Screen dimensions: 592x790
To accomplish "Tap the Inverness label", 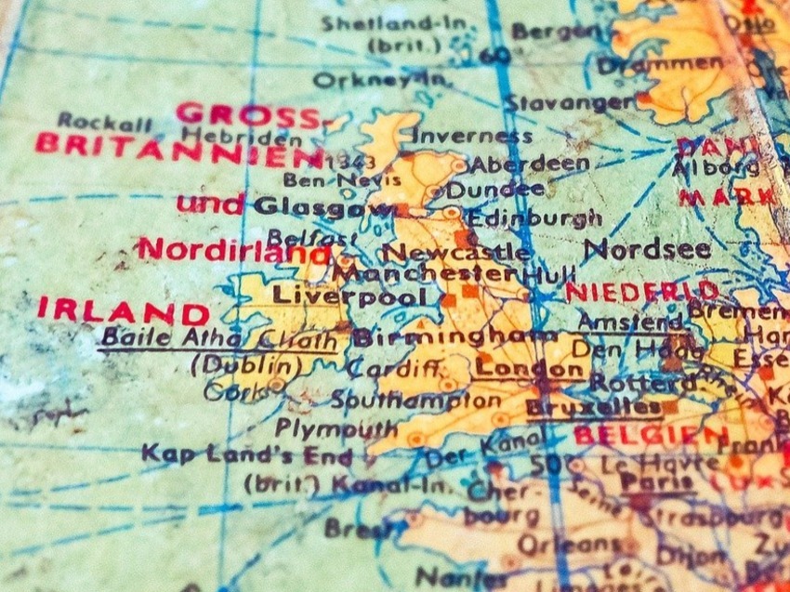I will coord(471,136).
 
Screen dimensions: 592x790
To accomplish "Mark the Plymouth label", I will coord(336,428).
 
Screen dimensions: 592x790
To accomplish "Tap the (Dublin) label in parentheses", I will coord(245,365).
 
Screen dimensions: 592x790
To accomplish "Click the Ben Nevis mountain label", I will coord(329,179).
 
